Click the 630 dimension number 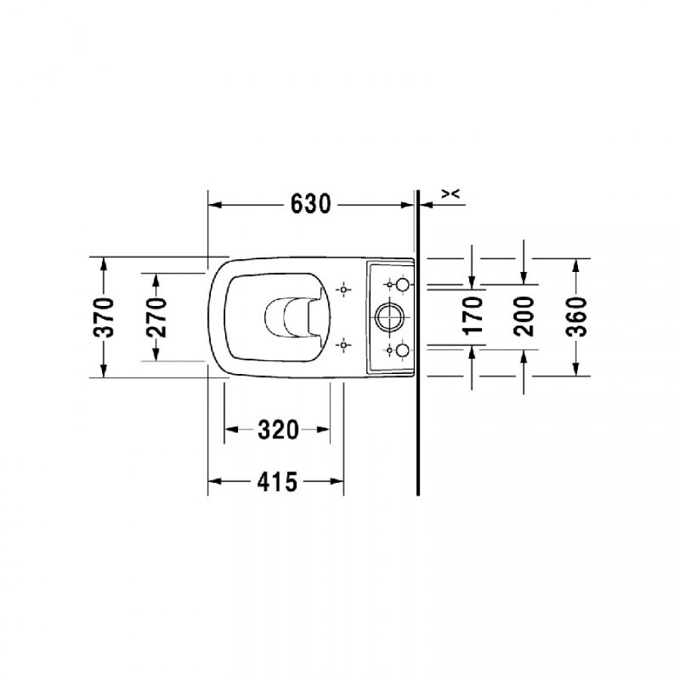pos(311,204)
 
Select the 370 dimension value pos(104,317)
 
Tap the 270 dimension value pos(156,317)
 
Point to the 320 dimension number pos(278,430)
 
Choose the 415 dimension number pos(277,481)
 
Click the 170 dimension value pos(473,315)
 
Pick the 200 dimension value pos(524,316)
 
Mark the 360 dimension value pos(576,317)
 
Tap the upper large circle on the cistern pos(403,285)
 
